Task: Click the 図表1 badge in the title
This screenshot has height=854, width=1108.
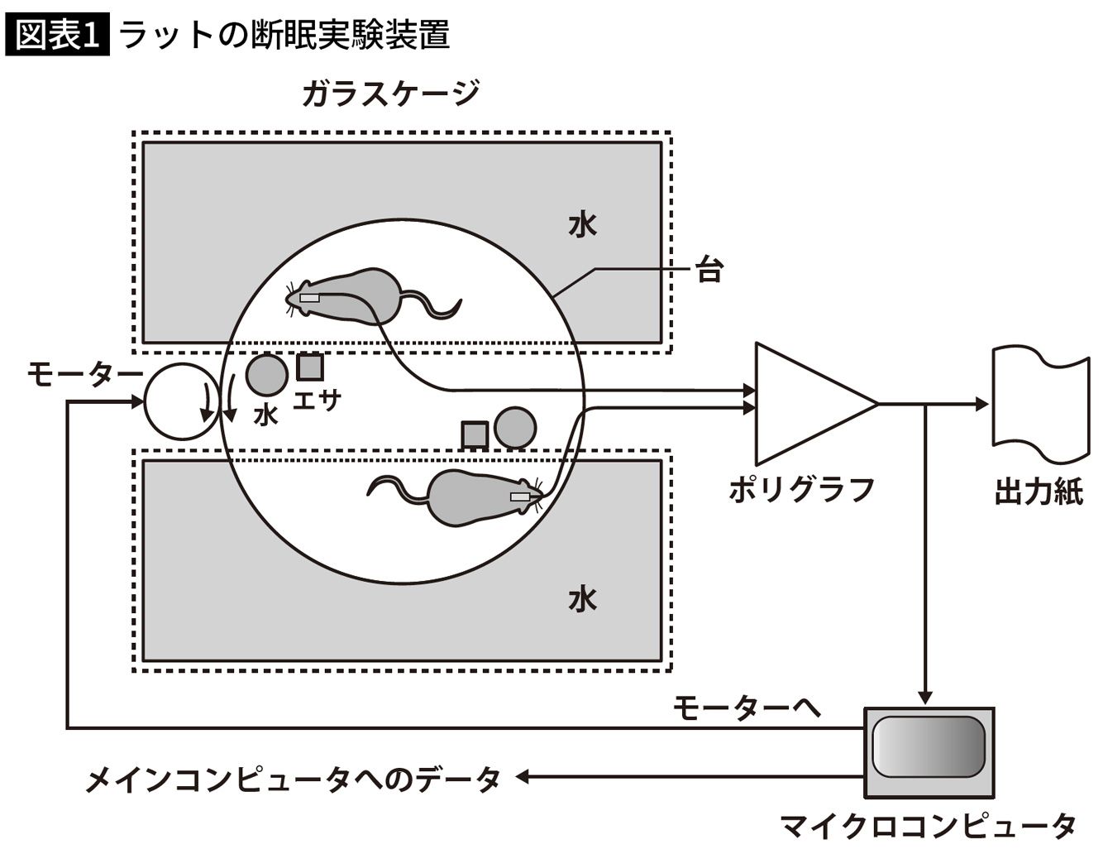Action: click(x=57, y=35)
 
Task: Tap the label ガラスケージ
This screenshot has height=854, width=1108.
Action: click(x=389, y=94)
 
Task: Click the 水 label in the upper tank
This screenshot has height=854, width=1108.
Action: click(x=582, y=224)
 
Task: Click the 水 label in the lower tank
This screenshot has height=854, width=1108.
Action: click(x=582, y=598)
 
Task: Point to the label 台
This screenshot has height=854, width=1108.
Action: click(x=709, y=270)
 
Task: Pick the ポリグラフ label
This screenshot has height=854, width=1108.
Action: click(x=801, y=490)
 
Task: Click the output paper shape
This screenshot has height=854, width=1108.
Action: click(x=1039, y=404)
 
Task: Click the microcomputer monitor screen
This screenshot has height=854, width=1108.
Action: click(x=928, y=746)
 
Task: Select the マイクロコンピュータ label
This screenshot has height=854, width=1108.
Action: click(x=928, y=825)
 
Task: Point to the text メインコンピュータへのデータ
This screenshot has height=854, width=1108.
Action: click(x=294, y=779)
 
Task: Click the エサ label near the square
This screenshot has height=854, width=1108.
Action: click(x=318, y=401)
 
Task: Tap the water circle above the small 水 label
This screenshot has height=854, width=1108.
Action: click(x=268, y=374)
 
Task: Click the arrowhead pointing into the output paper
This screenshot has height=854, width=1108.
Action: click(x=982, y=404)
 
